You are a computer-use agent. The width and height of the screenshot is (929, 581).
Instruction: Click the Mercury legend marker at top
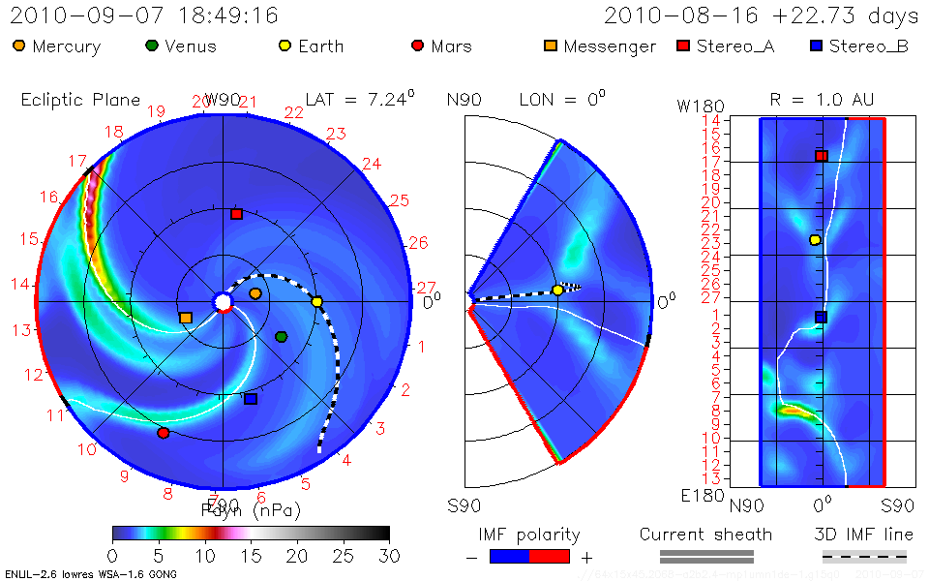(19, 46)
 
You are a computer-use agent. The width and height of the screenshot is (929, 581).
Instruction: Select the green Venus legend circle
(152, 46)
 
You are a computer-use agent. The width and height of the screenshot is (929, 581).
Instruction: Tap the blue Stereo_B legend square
(816, 46)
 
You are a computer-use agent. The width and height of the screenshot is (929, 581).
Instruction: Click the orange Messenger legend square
(551, 46)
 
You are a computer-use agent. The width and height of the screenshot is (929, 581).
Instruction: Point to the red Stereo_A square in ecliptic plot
(236, 214)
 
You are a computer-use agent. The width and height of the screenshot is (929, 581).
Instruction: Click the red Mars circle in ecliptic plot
(163, 433)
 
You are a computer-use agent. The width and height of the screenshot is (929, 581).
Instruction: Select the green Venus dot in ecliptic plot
(281, 336)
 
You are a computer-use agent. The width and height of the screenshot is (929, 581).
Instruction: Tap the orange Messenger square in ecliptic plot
(185, 318)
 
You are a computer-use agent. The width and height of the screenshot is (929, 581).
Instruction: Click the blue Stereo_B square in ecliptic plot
(251, 399)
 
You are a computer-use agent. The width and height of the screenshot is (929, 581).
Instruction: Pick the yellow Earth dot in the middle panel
(557, 290)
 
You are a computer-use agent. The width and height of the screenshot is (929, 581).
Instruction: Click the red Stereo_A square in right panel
(821, 156)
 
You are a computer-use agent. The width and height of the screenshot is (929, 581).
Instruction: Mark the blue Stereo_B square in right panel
(821, 317)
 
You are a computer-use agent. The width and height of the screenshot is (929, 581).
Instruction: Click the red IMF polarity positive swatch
(549, 556)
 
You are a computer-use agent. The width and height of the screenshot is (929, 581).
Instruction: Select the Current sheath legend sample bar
(706, 556)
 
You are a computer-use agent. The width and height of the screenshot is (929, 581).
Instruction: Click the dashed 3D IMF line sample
(864, 556)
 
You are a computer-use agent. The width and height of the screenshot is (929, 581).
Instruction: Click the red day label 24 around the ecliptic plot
(371, 164)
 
